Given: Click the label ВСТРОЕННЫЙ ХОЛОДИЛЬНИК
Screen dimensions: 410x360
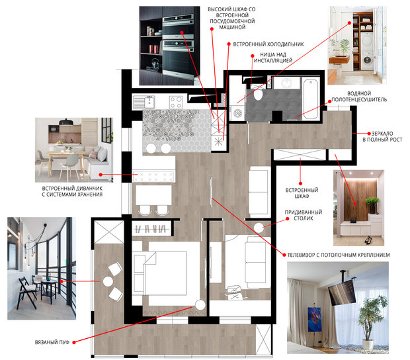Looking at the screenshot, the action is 268,44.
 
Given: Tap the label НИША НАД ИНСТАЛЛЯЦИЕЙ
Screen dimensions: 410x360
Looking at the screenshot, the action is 273,58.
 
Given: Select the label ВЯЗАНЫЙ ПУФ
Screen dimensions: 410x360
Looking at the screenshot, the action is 52,342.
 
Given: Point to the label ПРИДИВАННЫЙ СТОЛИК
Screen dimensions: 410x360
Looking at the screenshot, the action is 304,215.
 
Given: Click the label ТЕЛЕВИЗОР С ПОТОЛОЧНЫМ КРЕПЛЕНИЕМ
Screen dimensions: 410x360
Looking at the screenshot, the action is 339,255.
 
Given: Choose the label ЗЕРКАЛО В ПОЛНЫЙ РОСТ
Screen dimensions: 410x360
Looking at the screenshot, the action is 382,136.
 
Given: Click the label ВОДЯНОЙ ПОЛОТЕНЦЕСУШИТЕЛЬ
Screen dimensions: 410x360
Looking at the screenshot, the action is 359,96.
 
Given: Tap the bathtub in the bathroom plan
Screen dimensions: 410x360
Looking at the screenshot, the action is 311,99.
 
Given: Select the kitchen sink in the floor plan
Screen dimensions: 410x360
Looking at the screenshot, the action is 144,102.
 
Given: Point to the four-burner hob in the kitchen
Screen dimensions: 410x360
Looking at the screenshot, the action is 176,102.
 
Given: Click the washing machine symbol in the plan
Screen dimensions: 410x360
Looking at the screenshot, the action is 237,113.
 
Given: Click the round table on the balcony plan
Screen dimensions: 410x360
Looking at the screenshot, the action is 108,281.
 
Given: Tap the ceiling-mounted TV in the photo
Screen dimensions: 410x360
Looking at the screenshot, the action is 342,291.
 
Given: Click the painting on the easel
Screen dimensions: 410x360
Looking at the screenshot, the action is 314,319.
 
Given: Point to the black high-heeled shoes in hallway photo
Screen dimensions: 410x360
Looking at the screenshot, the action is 368,240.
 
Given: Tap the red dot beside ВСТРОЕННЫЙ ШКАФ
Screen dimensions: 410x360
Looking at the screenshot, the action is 300,184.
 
